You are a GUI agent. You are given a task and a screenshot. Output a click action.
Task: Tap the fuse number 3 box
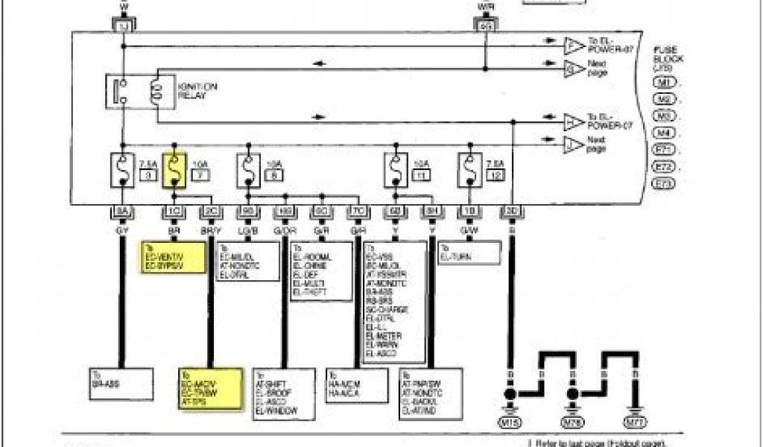tap(148, 176)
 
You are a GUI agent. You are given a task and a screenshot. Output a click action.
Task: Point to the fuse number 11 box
tap(422, 176)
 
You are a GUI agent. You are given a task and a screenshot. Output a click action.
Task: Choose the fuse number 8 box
tap(273, 176)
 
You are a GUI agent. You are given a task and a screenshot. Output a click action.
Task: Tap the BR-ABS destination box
tap(122, 381)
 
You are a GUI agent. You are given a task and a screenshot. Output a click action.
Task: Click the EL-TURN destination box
tap(469, 253)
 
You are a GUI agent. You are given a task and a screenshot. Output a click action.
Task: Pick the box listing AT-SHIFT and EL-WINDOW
tap(284, 392)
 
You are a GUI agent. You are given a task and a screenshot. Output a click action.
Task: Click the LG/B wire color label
tap(247, 231)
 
